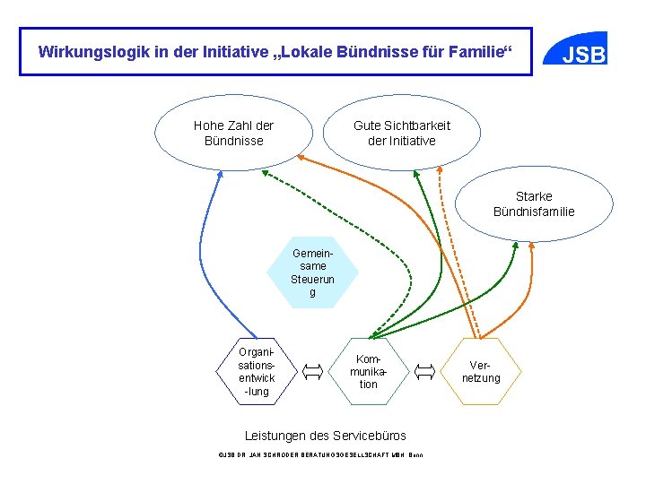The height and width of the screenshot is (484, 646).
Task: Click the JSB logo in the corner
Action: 583,53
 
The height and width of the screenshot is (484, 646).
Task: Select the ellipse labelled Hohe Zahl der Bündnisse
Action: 233,134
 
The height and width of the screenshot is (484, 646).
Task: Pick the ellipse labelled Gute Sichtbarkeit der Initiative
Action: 401,134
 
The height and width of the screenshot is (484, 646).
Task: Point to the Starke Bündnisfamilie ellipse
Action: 534,203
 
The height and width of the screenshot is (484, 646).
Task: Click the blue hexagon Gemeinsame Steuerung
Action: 312,272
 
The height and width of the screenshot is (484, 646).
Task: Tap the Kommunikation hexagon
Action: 369,370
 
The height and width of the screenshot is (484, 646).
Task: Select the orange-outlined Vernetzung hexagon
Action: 482,371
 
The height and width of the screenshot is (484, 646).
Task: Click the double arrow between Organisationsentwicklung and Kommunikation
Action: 313,370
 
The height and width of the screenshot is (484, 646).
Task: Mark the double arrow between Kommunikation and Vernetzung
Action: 425,370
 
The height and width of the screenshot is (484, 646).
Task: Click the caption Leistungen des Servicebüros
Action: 326,436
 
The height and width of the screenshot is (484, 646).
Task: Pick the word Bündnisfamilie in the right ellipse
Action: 534,212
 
